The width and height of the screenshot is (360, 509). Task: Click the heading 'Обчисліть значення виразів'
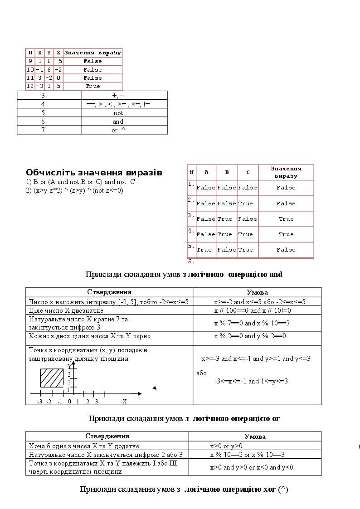pos(94,173)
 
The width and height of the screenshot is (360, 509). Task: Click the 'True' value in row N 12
pos(92,86)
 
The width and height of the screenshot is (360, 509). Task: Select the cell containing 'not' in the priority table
pos(118,113)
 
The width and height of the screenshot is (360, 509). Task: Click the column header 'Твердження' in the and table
pos(109,292)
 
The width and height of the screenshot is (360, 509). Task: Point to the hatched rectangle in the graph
pos(52,378)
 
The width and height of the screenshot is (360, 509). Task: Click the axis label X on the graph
pos(125,402)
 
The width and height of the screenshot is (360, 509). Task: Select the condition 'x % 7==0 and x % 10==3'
pos(252,323)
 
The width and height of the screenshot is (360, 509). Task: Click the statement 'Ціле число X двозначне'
pos(66,310)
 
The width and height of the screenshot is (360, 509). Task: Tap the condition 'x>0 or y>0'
pos(226,446)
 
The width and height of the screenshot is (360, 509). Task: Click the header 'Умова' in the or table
pos(255,436)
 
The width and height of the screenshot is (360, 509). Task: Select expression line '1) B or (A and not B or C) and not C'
pos(81,182)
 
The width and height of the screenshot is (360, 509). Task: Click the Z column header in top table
pos(58,53)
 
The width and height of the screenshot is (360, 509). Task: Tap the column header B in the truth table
pos(227,172)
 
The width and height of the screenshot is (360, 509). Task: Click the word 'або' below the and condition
pos(201,373)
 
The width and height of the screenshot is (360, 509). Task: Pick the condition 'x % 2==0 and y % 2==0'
pos(250,336)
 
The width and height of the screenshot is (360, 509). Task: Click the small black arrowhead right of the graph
pos(155,388)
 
